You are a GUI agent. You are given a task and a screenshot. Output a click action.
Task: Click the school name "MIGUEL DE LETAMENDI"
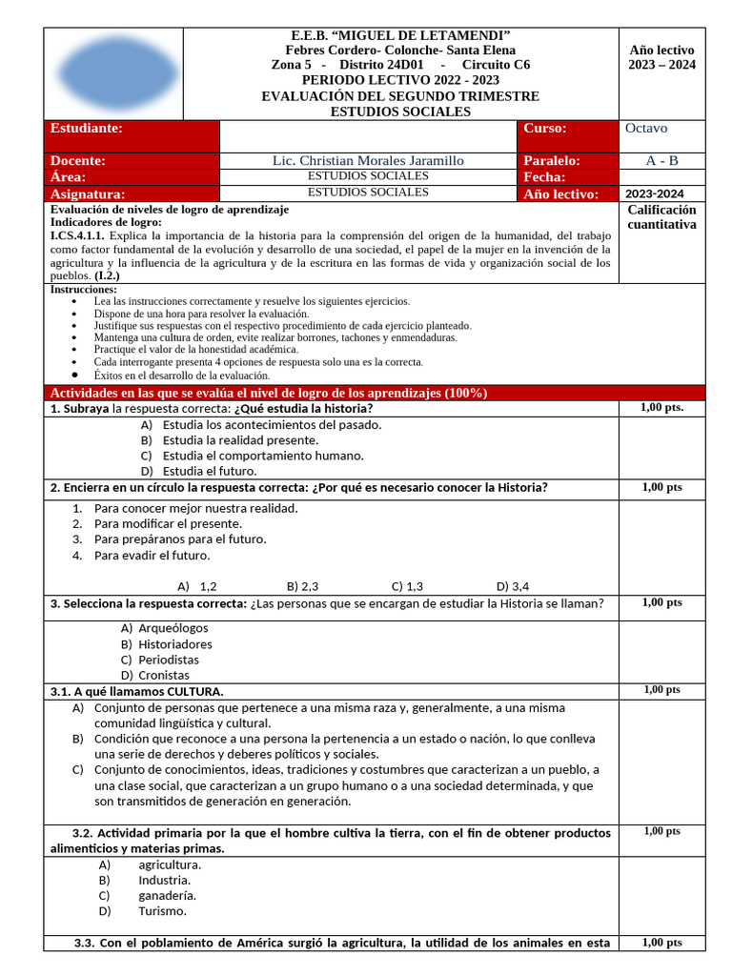[x=412, y=34]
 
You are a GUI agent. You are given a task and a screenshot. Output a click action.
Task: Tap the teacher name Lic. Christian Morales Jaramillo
[x=368, y=161]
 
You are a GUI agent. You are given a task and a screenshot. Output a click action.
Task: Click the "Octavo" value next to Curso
[x=646, y=129]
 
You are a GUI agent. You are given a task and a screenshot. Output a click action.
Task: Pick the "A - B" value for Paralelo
[x=661, y=161]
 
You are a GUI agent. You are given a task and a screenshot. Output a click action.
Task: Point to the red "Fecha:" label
[x=545, y=177]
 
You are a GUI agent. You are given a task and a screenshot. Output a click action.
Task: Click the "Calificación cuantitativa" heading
[x=661, y=217]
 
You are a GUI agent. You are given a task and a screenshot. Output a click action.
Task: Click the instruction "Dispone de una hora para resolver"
[x=201, y=314]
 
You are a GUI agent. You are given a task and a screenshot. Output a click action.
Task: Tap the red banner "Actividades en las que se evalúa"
[x=269, y=393]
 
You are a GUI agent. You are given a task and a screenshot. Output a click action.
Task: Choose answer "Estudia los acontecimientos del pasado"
[x=272, y=425]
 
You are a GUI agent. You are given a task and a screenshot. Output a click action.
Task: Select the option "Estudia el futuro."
[x=209, y=471]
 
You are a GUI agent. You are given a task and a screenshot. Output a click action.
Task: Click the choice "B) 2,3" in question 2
[x=302, y=587]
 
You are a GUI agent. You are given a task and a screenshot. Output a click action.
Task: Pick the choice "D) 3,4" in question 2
[x=513, y=587]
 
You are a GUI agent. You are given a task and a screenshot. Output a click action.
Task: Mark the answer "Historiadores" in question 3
[x=175, y=644]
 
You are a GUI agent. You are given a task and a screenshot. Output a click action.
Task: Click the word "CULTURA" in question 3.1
[x=194, y=691]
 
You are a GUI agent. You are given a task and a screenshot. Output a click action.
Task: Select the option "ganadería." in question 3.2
[x=168, y=895]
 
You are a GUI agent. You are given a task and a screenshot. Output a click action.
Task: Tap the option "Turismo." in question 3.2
[x=163, y=911]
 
